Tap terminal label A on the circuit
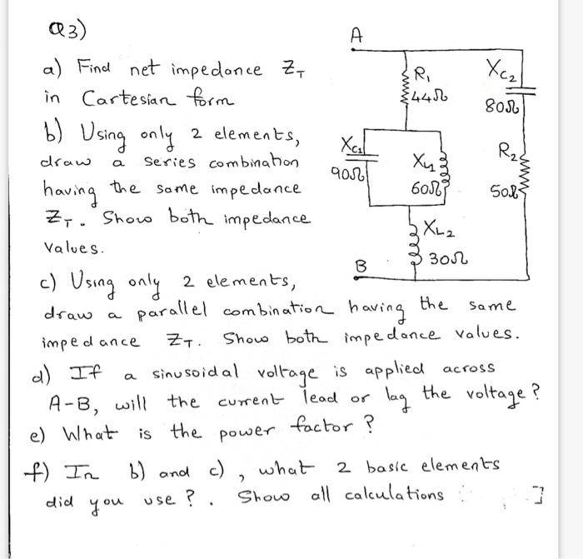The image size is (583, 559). [356, 35]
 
